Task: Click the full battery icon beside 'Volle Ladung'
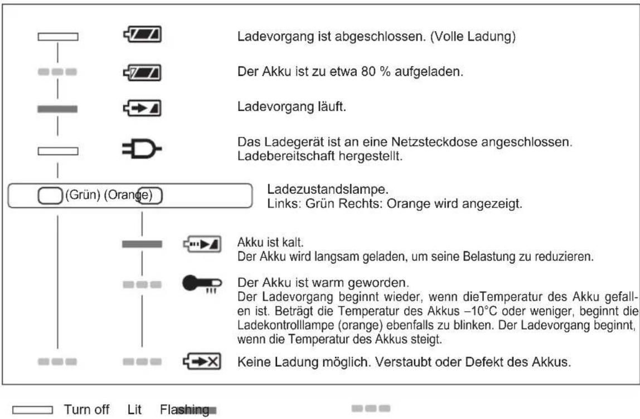click(142, 37)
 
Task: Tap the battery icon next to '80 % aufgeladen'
click(142, 72)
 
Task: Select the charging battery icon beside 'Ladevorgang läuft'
click(142, 108)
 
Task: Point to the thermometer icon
click(202, 285)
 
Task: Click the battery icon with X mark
click(202, 362)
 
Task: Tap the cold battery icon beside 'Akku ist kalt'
click(202, 244)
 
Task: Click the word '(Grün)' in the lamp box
click(84, 196)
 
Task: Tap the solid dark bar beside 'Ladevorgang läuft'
click(57, 109)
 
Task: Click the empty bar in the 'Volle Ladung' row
click(57, 37)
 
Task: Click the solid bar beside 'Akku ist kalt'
click(142, 244)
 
